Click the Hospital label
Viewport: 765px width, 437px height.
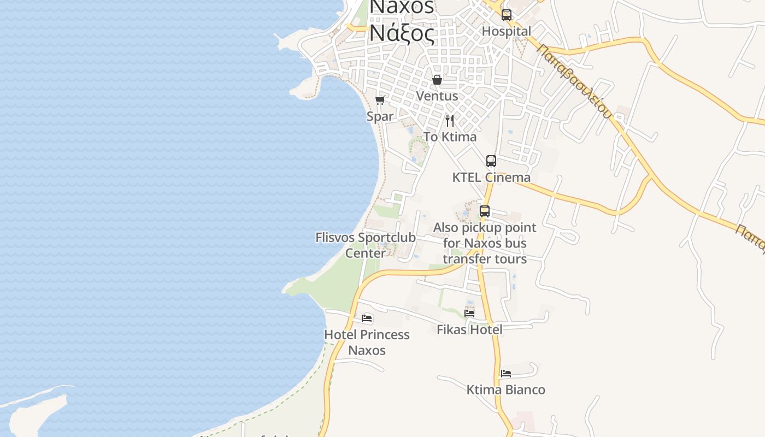tap(506, 32)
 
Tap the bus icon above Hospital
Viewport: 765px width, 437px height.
tap(507, 15)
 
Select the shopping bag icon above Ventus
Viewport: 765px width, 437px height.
tap(437, 80)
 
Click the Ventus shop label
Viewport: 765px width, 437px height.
tap(437, 96)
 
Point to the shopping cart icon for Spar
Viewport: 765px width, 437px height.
tap(380, 100)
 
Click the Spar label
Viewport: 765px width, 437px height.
tap(380, 116)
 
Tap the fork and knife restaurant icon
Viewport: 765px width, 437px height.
tap(450, 120)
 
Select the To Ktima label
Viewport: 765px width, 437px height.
tap(450, 137)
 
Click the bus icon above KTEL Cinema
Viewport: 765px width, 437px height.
tap(491, 161)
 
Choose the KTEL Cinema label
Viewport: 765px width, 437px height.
tap(491, 178)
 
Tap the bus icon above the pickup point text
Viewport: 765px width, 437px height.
tap(485, 211)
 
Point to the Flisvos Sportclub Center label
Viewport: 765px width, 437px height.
tap(366, 245)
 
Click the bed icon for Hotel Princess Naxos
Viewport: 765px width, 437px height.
tap(367, 318)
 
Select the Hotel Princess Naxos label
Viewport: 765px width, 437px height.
tap(367, 342)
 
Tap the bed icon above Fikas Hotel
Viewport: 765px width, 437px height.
tap(469, 313)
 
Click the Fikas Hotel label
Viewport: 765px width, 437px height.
tap(469, 329)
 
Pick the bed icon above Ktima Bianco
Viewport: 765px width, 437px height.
tap(506, 374)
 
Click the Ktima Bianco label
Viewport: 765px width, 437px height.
tap(506, 390)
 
